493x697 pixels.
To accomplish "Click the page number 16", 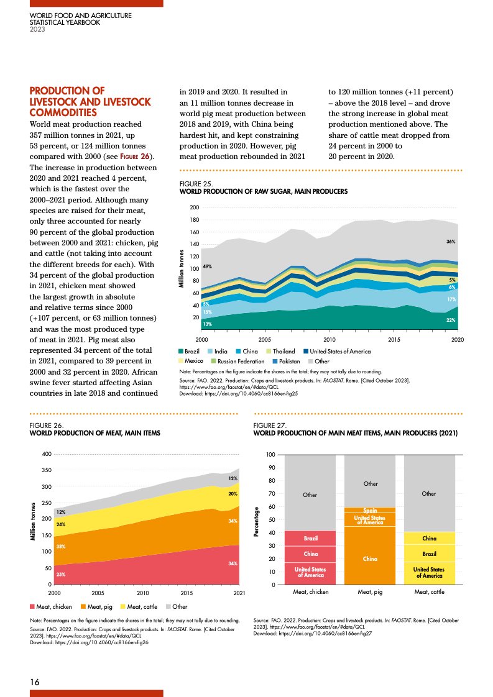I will [35, 682].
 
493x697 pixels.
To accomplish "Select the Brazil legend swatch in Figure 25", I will [181, 352].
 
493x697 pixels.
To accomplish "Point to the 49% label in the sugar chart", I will [208, 266].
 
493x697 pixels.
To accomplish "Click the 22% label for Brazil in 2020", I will [451, 320].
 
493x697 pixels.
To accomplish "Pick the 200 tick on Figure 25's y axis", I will [194, 207].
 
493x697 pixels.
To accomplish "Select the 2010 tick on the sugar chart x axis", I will [329, 340].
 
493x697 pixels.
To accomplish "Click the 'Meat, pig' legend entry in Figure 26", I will [101, 606].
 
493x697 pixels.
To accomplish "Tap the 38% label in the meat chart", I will [62, 547].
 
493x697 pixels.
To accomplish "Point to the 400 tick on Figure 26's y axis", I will [46, 455].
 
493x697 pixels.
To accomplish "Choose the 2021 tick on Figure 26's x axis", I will [239, 593].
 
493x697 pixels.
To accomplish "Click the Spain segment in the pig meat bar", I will [370, 510].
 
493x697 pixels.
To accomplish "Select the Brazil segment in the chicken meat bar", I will [311, 538].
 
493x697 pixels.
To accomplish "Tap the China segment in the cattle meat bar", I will [429, 538].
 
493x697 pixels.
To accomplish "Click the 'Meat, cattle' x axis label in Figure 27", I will [429, 593].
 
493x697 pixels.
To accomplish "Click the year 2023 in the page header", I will [37, 29].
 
